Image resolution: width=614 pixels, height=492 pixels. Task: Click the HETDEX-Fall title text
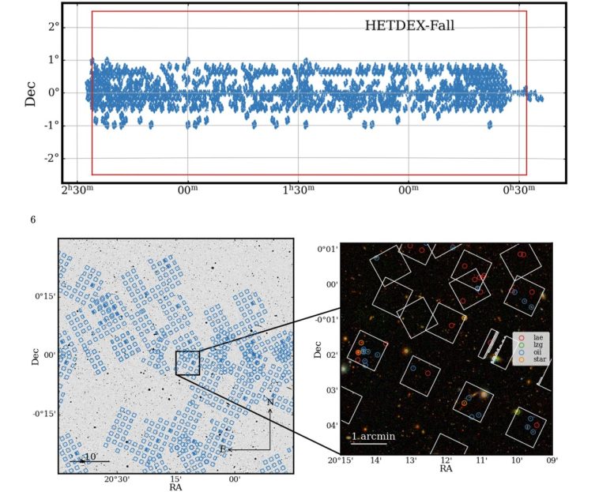tap(409, 26)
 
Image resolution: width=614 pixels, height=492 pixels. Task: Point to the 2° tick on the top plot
tap(52, 27)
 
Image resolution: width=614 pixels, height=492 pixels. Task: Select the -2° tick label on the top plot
tap(50, 158)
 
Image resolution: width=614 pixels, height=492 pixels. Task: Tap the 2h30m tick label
tap(77, 189)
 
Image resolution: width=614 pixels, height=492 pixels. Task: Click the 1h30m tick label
tap(299, 189)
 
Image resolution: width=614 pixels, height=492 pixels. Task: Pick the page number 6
tap(32, 219)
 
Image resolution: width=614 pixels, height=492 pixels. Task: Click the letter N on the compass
tap(269, 402)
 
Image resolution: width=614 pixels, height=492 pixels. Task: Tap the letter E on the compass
tap(222, 449)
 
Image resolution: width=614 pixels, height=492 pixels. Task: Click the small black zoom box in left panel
tap(187, 363)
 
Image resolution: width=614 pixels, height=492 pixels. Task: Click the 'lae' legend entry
tap(538, 337)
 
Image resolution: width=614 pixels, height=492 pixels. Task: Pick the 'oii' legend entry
tap(538, 352)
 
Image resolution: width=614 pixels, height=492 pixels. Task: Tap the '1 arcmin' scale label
tap(374, 436)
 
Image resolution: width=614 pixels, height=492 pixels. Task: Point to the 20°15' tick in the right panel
tap(341, 460)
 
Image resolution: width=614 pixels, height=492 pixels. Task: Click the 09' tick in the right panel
tap(552, 460)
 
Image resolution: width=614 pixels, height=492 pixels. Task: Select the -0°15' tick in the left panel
tap(42, 414)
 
